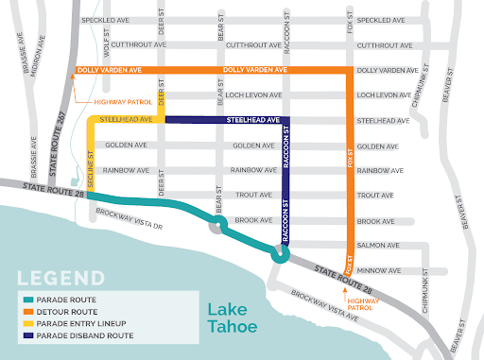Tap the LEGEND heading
coord(56,281)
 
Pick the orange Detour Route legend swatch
coord(29,317)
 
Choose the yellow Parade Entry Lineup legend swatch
coord(29,330)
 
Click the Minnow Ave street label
coord(374,269)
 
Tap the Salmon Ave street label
coord(374,245)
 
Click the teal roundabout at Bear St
coord(218,225)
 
